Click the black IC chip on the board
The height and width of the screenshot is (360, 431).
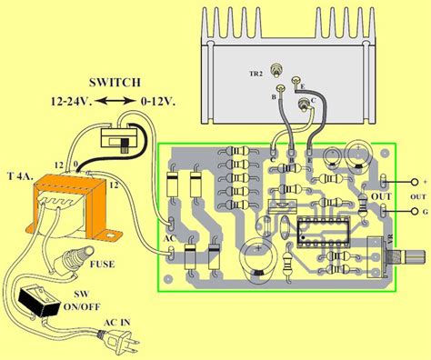[312, 232]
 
